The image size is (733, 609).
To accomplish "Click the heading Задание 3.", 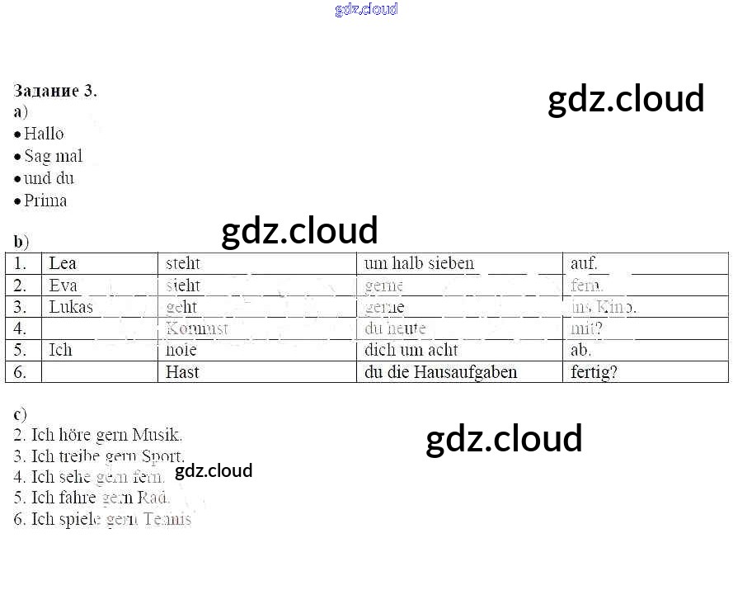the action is pos(55,91).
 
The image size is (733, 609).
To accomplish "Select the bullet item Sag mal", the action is pos(53,156).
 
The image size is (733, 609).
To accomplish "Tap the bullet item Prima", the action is pos(45,201).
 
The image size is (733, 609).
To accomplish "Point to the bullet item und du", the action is pos(49,178).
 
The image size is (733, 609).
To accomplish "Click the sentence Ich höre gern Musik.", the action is pos(98,435).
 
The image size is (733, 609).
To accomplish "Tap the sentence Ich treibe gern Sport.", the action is pos(99,456).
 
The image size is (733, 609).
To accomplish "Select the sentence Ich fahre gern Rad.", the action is pos(92,498).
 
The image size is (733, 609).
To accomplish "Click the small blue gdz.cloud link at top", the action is pos(366,9).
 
